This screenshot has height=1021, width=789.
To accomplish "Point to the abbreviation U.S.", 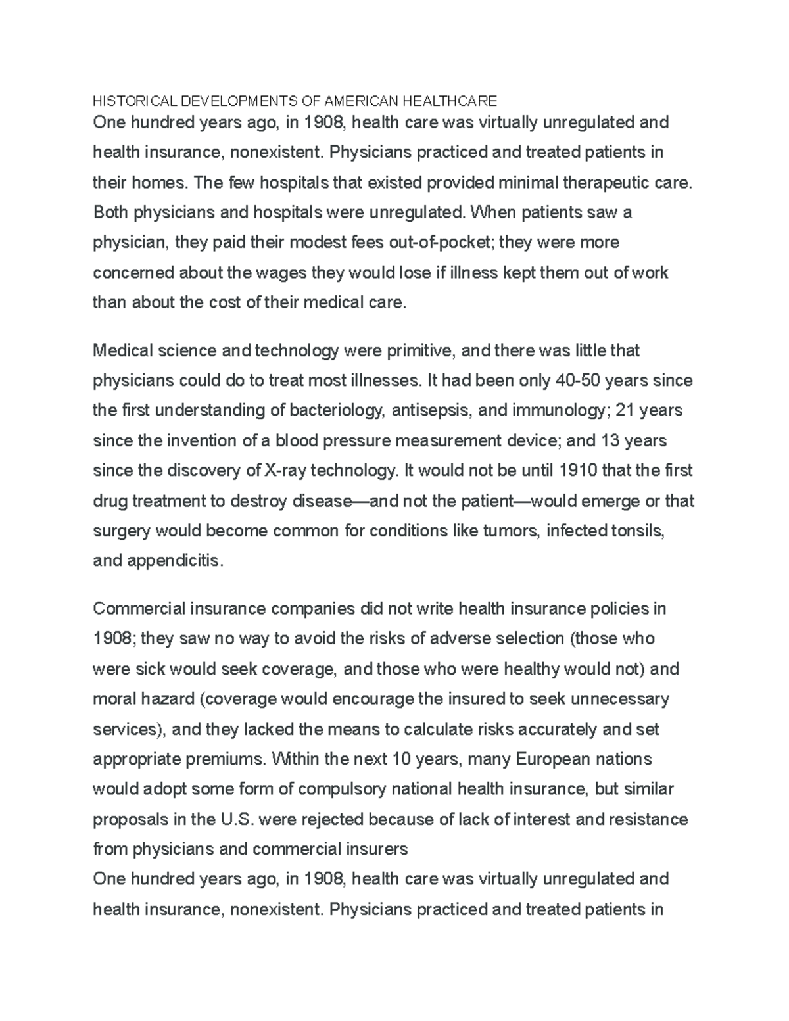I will (234, 819).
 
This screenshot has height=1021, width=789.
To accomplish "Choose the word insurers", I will (376, 849).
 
